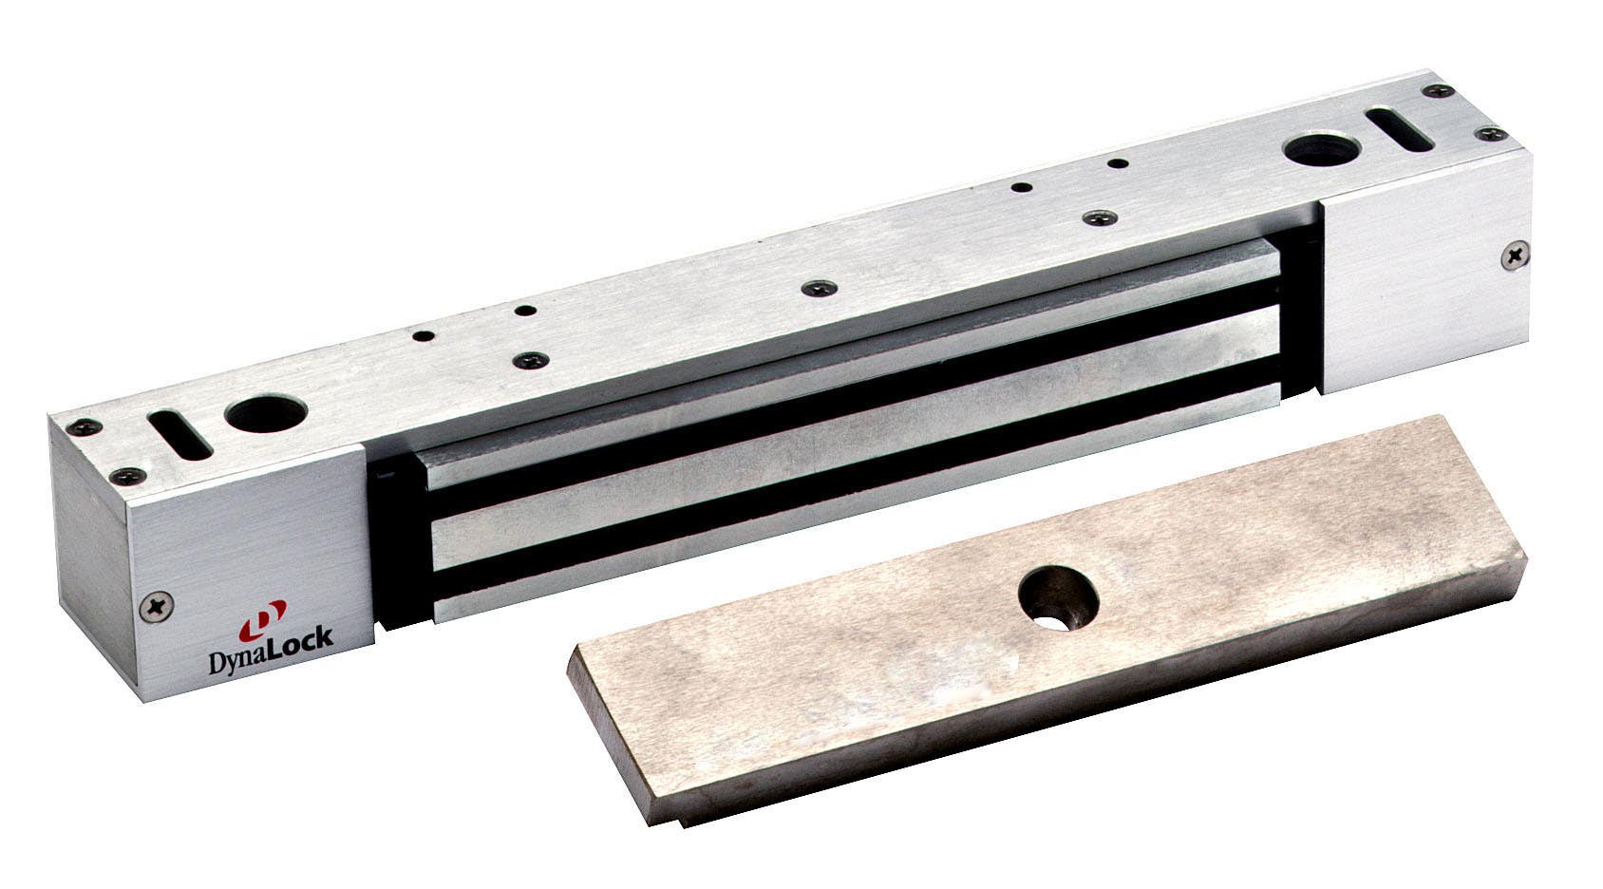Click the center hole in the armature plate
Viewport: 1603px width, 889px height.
click(1058, 597)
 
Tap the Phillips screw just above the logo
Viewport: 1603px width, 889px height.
click(154, 602)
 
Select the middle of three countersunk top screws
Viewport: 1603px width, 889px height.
click(816, 287)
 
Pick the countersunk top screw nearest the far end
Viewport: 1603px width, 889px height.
click(1100, 217)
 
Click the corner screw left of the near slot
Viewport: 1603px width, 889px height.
click(86, 427)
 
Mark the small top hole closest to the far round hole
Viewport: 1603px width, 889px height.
click(1119, 163)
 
